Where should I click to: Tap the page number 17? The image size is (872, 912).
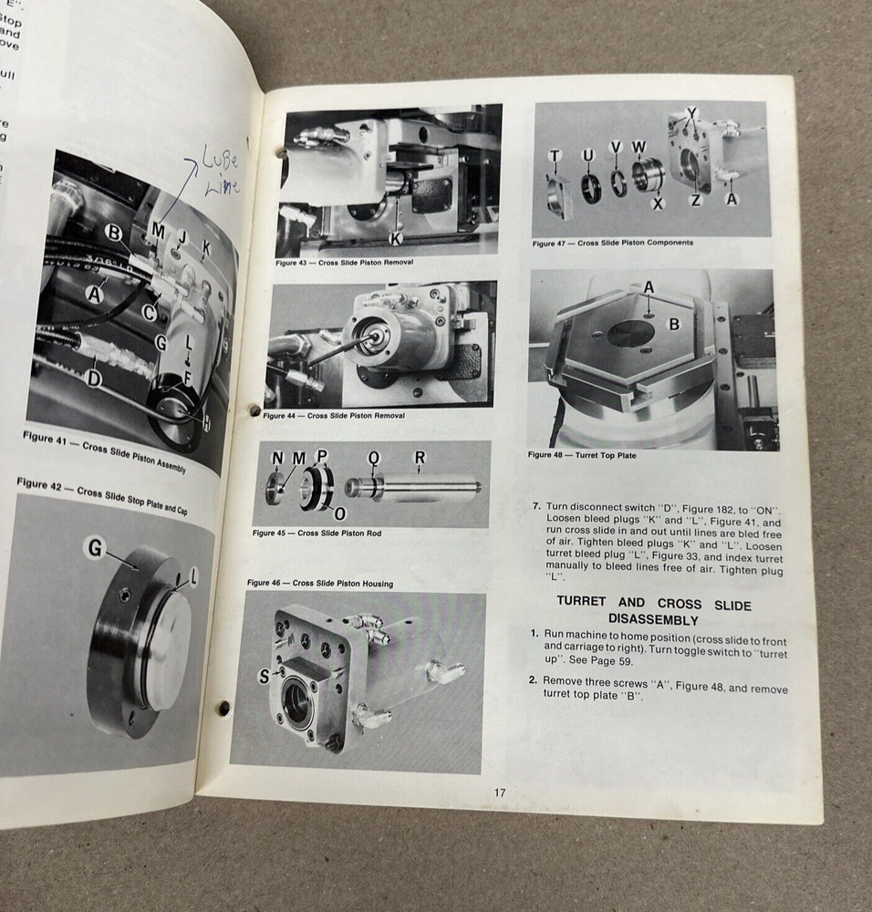pos(500,793)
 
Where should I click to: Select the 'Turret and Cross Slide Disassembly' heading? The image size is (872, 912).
pos(652,611)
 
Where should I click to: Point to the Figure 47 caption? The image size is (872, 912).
pos(613,244)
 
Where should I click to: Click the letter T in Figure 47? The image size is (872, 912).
pos(554,157)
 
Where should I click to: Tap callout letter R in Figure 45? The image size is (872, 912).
pos(420,457)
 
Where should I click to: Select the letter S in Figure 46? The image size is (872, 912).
pos(264,676)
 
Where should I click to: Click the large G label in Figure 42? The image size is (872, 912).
pos(94,547)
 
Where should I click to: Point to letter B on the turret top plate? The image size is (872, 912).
pos(675,323)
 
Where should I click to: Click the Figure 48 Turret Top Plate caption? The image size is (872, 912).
pos(582,454)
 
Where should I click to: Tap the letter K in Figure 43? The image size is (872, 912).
pos(396,239)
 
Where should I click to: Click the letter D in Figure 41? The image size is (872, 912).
pos(93,377)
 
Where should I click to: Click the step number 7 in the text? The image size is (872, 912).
pos(536,506)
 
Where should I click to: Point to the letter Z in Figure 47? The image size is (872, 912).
pos(695,200)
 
